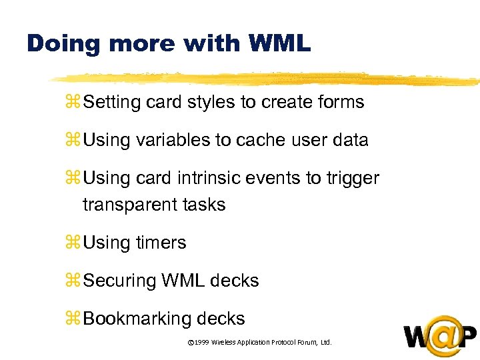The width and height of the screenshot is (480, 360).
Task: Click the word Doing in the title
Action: pos(62,44)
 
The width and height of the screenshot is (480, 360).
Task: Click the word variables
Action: pos(168,140)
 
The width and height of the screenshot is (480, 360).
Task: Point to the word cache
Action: pos(262,140)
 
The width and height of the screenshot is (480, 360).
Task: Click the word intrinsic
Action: pos(213,179)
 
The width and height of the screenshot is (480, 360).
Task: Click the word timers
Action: pos(161,243)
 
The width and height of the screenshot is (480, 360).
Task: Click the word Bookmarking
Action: pos(137,319)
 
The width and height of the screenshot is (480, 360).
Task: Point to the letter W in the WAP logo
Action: pos(419,336)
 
